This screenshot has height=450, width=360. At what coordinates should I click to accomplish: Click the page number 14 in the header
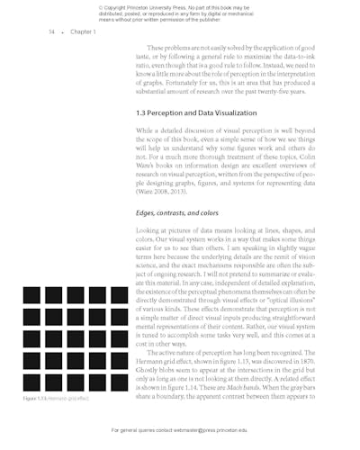pos(51,31)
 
